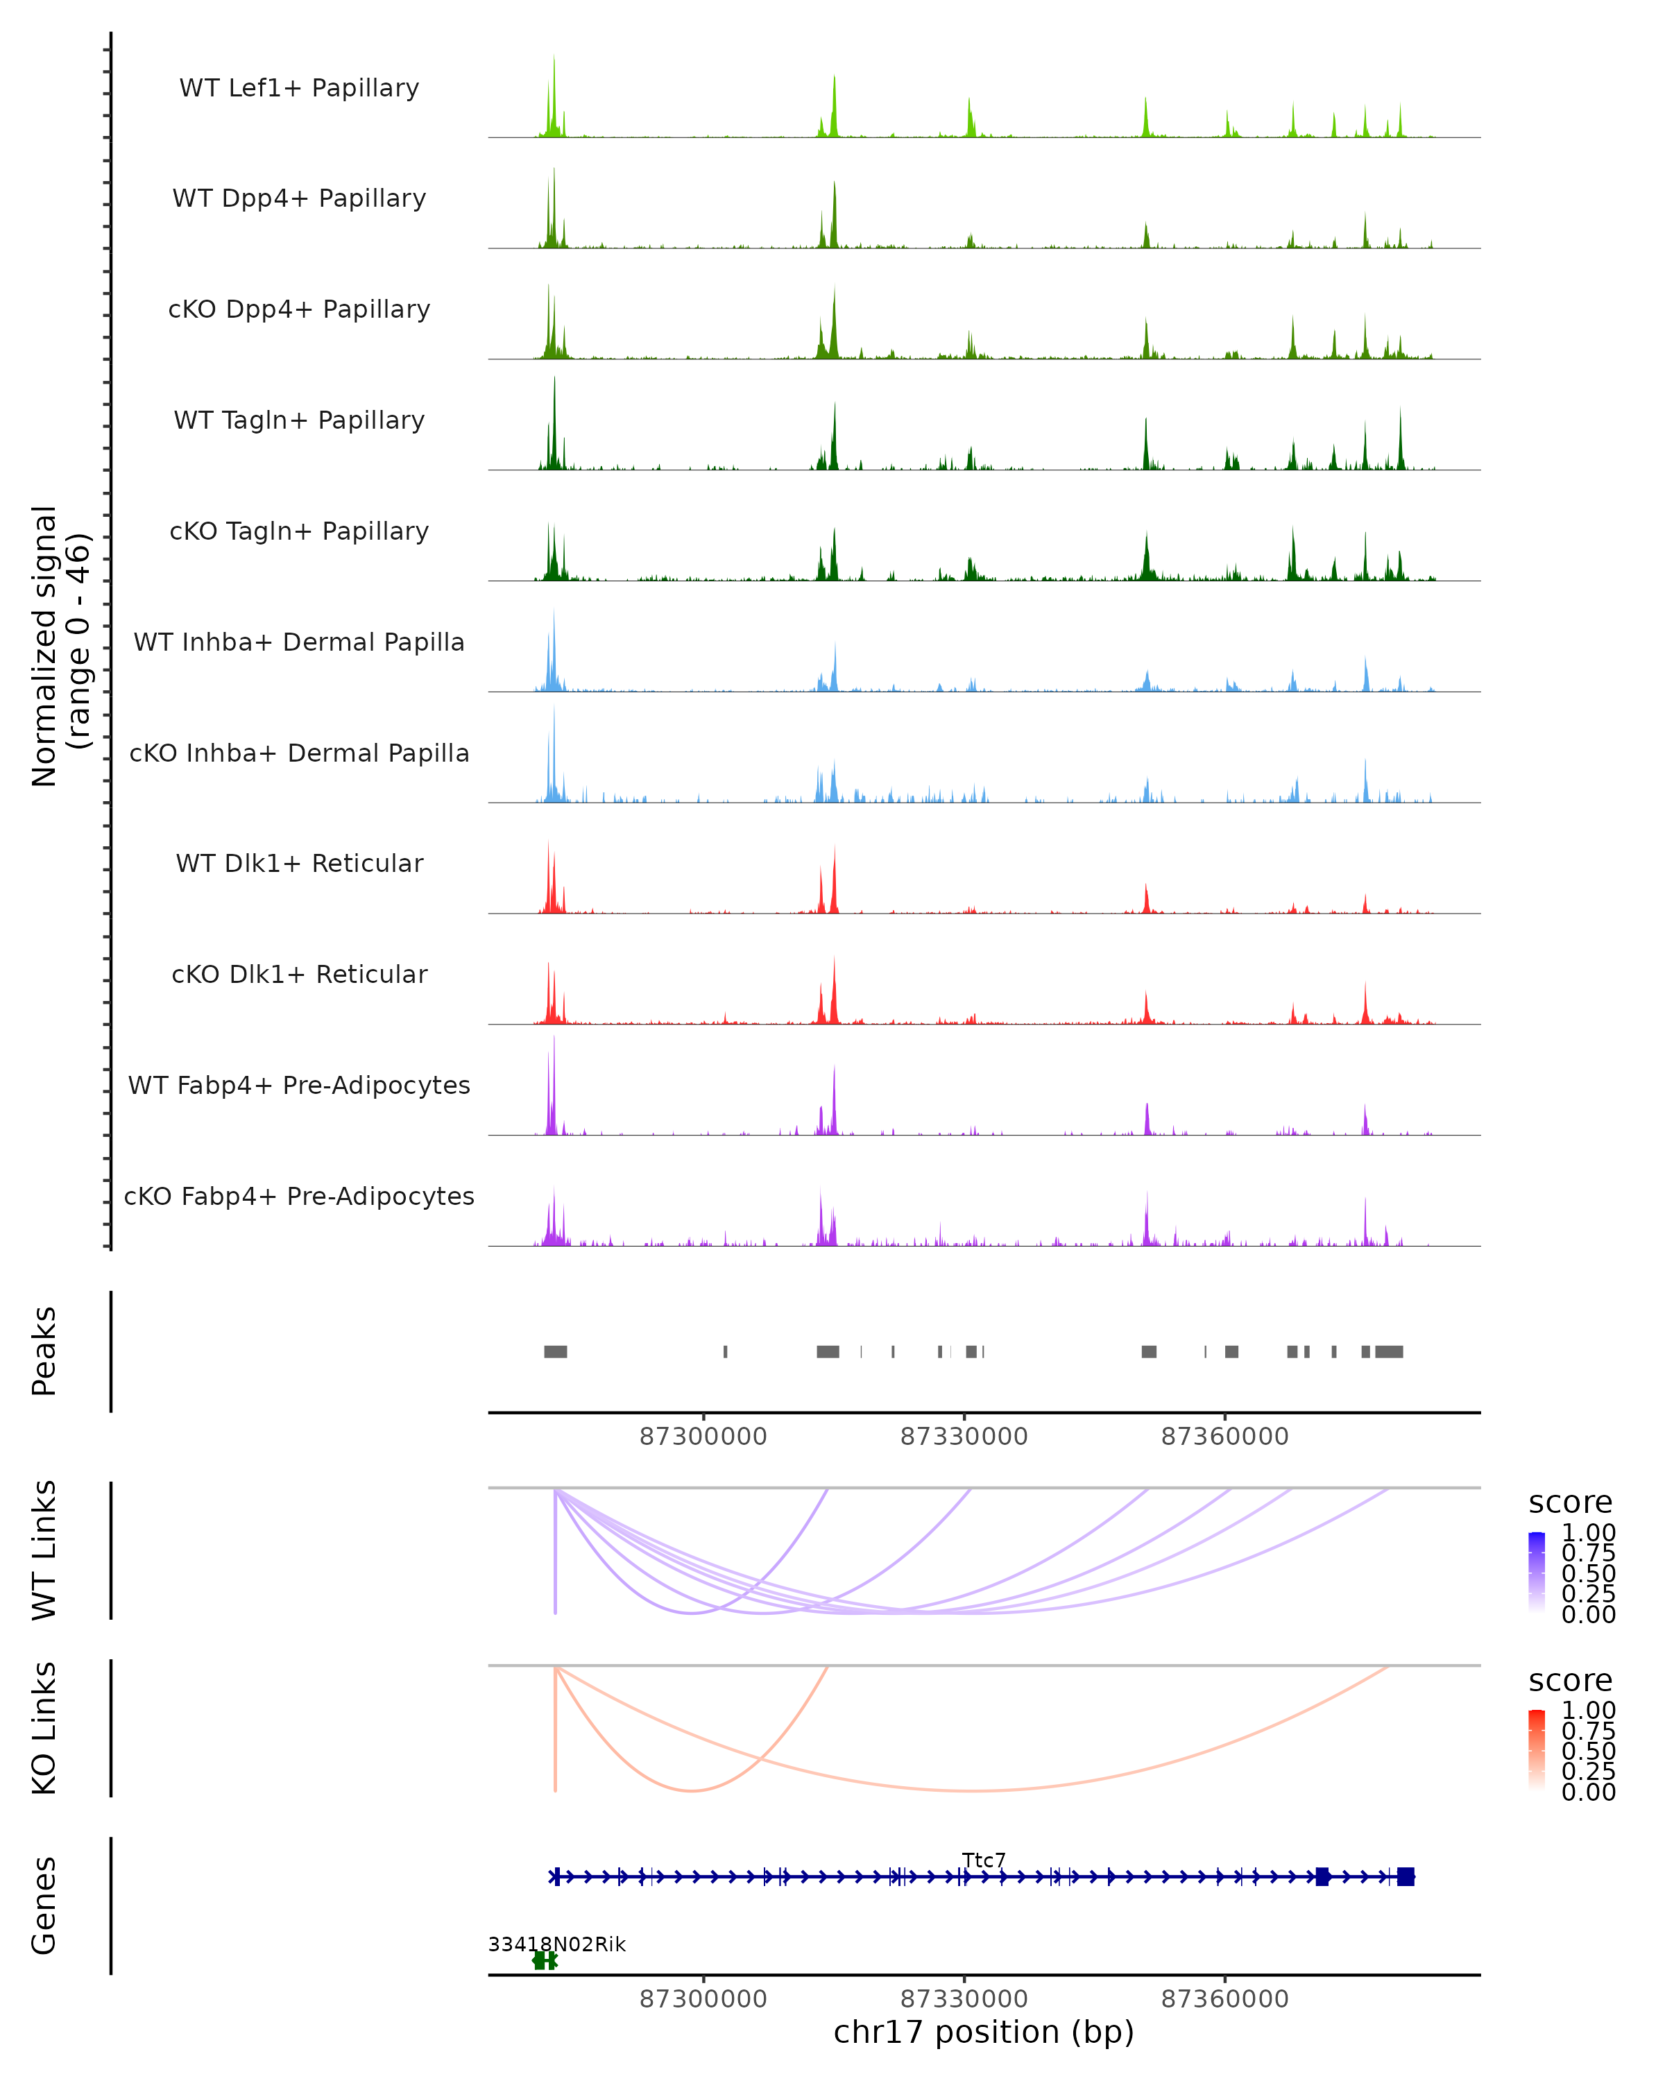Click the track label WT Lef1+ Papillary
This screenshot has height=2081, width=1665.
click(299, 88)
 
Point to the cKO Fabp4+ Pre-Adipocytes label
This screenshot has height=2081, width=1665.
click(299, 1196)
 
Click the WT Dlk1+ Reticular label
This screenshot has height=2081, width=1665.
click(299, 863)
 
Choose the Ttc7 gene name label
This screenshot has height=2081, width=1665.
click(984, 1860)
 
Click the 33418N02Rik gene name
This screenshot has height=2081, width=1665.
click(557, 1944)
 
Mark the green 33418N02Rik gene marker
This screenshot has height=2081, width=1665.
click(545, 1960)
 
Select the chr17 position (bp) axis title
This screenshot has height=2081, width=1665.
click(984, 2032)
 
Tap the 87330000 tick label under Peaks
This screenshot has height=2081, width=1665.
click(964, 1437)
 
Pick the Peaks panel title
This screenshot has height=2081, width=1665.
click(44, 1351)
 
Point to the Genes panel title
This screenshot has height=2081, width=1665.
click(44, 1906)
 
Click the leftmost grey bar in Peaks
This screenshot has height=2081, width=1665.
click(555, 1351)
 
